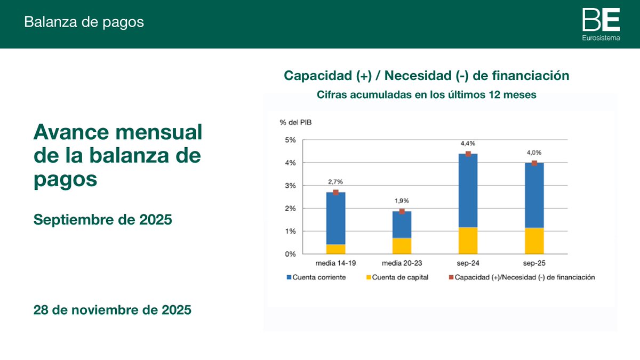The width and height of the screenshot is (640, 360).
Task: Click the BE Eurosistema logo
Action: click(x=601, y=24)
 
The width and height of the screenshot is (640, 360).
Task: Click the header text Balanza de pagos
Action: click(x=84, y=22)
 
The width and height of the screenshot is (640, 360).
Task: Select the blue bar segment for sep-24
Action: click(x=468, y=190)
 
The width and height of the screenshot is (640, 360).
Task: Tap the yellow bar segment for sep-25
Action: click(x=534, y=241)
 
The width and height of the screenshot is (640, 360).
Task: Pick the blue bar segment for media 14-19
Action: click(x=335, y=218)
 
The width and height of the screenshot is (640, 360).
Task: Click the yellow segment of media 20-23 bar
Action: click(x=402, y=246)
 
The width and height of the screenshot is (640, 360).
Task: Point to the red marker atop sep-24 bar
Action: click(x=468, y=154)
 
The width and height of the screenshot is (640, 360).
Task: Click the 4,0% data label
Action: click(x=534, y=153)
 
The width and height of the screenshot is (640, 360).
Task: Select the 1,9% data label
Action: click(x=402, y=201)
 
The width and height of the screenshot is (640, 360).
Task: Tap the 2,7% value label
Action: click(x=335, y=182)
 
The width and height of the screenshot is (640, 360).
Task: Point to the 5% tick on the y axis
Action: click(x=290, y=140)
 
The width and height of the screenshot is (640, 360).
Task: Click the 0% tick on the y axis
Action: click(x=290, y=254)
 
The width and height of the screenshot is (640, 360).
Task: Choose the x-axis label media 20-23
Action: click(x=402, y=263)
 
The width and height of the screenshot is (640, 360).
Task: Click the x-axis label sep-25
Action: click(x=534, y=263)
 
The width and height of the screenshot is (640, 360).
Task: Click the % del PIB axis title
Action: click(x=295, y=122)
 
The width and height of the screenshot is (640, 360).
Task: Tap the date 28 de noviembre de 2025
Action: click(x=112, y=310)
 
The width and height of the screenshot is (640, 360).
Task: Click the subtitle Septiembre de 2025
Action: click(x=102, y=219)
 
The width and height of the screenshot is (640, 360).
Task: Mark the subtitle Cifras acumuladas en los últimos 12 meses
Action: click(x=426, y=95)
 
